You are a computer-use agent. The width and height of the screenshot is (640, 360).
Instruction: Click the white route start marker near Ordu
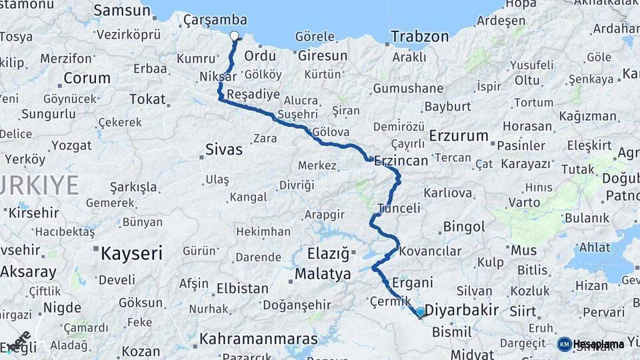234,36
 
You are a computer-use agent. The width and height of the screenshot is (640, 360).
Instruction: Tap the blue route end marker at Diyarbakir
420,311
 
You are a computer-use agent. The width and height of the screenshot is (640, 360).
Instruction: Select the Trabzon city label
419,37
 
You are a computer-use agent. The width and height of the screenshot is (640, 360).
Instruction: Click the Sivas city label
224,149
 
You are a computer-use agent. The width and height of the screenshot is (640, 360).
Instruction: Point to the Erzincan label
401,161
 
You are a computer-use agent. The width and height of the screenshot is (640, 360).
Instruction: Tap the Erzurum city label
459,136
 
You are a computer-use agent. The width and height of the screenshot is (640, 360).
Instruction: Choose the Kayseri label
131,253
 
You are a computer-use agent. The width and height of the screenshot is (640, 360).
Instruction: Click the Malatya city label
323,274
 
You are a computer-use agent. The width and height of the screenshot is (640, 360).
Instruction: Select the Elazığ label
328,253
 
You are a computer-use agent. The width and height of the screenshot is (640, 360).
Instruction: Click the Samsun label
122,11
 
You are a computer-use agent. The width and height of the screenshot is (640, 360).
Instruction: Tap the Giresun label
323,55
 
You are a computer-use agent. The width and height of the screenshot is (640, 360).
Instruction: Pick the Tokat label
147,99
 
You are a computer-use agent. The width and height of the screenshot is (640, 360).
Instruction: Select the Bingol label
464,227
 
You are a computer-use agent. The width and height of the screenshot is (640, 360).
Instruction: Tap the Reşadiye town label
253,95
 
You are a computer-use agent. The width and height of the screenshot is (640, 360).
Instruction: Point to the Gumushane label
408,89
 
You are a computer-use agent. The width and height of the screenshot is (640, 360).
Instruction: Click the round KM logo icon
564,344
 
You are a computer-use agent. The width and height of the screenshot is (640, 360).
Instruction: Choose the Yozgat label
71,145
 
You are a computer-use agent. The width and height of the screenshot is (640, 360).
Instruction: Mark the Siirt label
522,311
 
